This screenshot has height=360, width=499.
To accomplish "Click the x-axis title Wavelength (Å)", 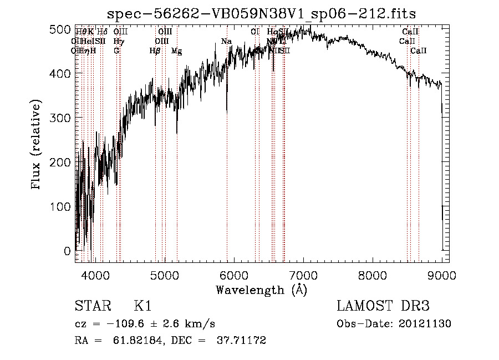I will coord(261,290).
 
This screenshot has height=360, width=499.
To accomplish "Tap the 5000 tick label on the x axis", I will coord(165,274).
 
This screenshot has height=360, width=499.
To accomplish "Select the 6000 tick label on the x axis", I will coord(234,274).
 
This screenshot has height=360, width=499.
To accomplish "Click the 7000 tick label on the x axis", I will coord(303,274).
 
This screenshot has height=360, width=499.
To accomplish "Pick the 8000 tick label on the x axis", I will coord(373,274).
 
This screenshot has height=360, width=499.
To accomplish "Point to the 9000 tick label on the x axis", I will coord(442,274).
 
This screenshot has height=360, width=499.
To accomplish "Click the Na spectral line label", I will coord(226,42).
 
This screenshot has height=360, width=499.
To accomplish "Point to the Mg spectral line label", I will coord(176,51).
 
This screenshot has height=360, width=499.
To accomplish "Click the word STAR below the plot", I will coord(91,306).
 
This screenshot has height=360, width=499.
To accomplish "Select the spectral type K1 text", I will coord(142,306).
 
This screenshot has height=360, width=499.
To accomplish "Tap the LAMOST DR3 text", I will coord(383,306).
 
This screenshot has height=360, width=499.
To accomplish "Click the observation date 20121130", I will coord(425,323).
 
